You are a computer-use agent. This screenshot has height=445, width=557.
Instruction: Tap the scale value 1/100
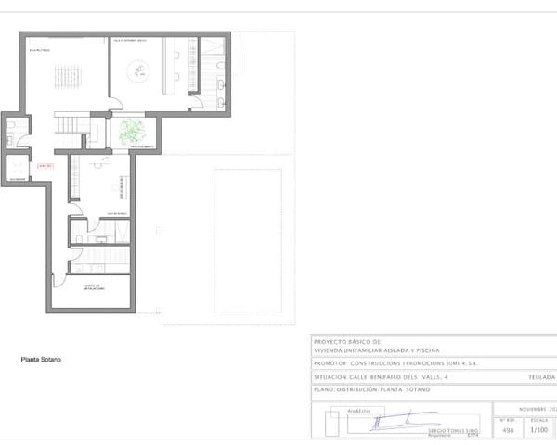tap(538, 430)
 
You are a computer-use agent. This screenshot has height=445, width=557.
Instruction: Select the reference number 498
tap(507, 430)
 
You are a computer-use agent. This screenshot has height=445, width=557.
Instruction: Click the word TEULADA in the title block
tap(540, 377)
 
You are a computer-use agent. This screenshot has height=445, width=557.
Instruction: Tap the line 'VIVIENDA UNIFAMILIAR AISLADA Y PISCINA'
tap(376, 350)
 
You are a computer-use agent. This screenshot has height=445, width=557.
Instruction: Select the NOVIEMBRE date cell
tap(534, 408)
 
